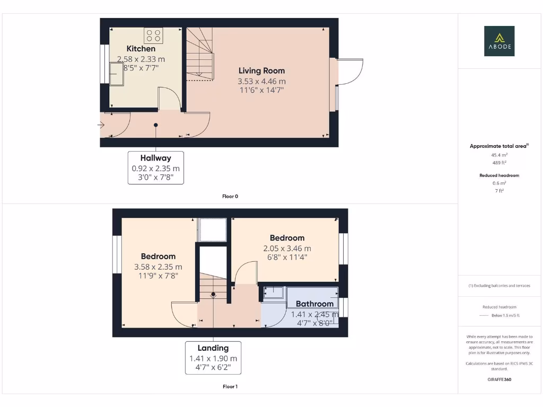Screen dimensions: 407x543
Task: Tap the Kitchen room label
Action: pos(141,49)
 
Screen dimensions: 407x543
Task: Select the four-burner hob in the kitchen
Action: pos(153,36)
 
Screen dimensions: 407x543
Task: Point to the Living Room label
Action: pos(261,70)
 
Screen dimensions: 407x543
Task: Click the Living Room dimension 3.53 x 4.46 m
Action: pos(261,81)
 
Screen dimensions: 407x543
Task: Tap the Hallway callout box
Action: pos(156,167)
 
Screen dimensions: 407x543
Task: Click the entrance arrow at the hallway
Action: pos(101,125)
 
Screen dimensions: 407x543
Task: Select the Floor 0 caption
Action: pos(230,196)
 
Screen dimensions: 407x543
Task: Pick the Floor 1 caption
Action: pos(230,386)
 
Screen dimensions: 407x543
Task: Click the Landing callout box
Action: pos(213,358)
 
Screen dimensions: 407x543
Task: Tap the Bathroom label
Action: pos(314,304)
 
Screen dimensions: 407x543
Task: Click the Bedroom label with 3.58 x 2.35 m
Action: pos(158,256)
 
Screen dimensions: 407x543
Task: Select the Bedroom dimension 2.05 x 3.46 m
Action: pos(287,248)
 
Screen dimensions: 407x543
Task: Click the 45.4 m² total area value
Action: pos(499,155)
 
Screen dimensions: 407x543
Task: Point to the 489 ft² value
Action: pos(499,163)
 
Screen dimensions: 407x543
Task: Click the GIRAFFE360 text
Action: pos(499,379)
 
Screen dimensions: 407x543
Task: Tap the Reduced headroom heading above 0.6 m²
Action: pos(499,175)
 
